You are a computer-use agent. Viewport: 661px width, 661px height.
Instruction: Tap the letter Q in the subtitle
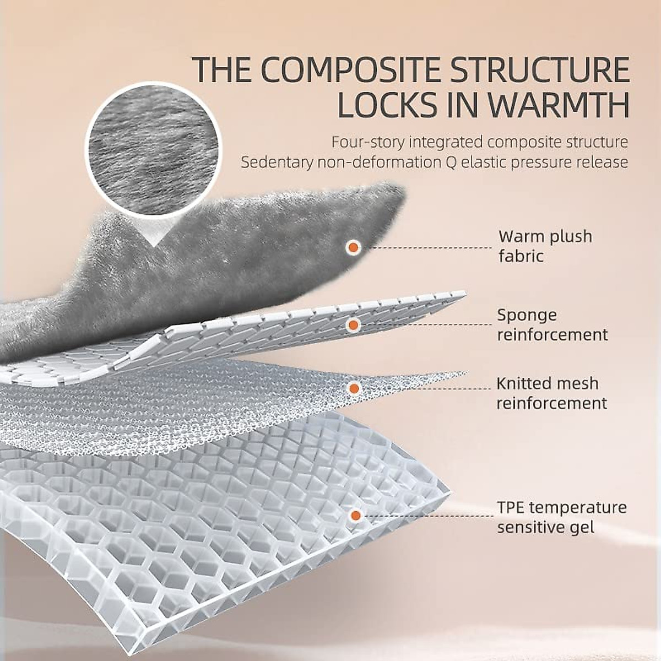[463, 162]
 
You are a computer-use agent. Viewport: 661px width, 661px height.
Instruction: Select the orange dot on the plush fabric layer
[353, 247]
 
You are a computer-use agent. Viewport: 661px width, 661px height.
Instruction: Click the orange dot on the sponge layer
[353, 325]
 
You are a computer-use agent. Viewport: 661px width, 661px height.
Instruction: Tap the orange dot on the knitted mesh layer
[354, 388]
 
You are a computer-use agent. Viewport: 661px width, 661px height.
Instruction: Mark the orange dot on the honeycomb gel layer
[355, 516]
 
